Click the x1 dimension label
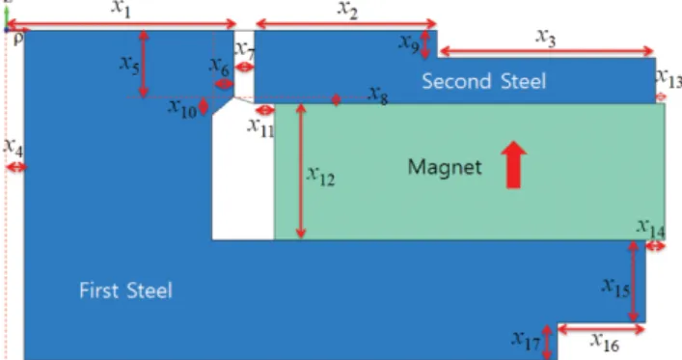click(121, 9)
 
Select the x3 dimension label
click(545, 38)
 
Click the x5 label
click(129, 65)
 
